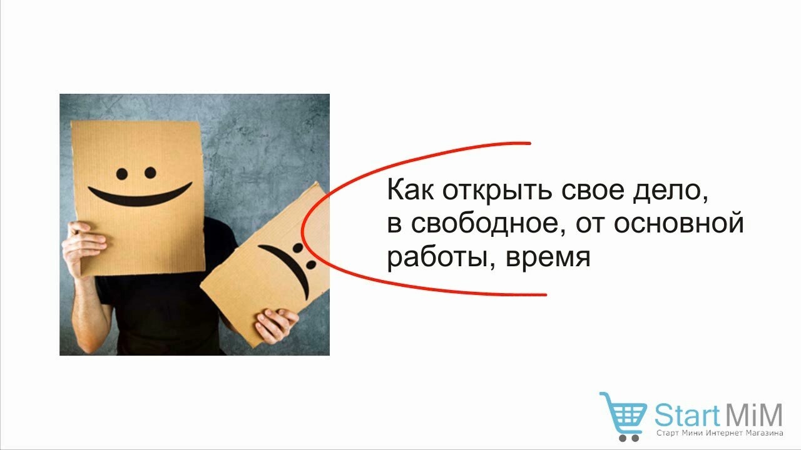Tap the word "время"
point(548,257)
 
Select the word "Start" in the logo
point(687,414)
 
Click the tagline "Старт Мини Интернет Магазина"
point(720,433)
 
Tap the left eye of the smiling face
point(122,174)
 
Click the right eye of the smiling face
point(150,173)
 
